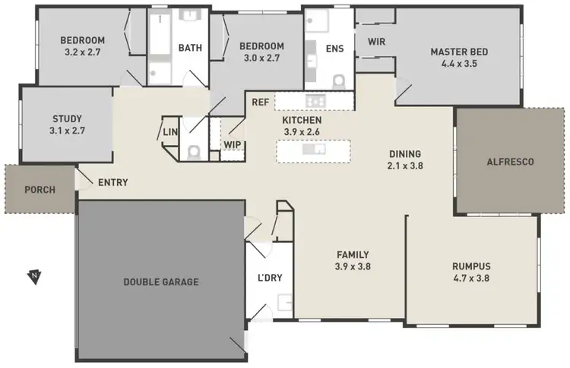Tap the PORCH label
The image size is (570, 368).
click(x=40, y=190)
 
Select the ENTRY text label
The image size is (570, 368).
click(x=112, y=182)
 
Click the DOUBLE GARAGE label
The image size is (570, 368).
click(x=160, y=282)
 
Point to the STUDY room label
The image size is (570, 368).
click(x=67, y=118)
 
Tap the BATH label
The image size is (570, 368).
click(x=190, y=48)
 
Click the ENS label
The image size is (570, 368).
click(x=334, y=49)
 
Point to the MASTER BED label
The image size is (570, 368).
click(x=458, y=52)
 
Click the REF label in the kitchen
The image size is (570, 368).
click(x=261, y=101)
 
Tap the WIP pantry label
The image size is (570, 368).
click(x=232, y=144)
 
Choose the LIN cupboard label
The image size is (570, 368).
click(x=170, y=133)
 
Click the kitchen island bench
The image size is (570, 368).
click(x=315, y=150)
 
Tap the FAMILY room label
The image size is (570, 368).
click(x=353, y=255)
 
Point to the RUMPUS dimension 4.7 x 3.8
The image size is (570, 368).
click(x=471, y=278)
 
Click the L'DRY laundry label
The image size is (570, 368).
click(x=270, y=277)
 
